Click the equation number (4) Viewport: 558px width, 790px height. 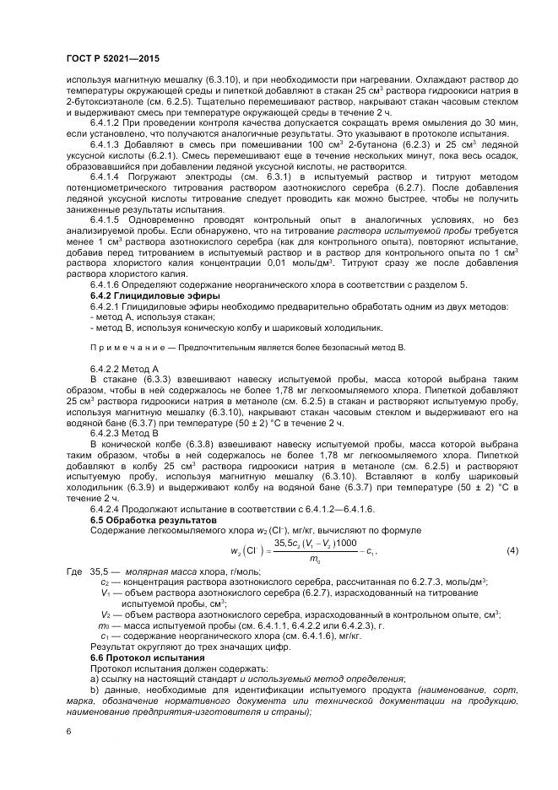click(x=511, y=551)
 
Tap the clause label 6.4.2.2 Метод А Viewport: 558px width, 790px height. click(x=124, y=370)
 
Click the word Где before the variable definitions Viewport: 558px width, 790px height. click(x=74, y=572)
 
